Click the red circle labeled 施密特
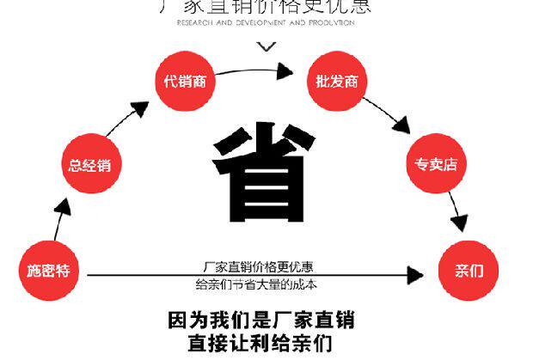click(48, 271)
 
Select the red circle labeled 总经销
click(89, 164)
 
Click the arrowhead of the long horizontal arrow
click(415, 276)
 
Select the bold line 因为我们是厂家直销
click(260, 321)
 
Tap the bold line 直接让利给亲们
click(260, 344)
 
